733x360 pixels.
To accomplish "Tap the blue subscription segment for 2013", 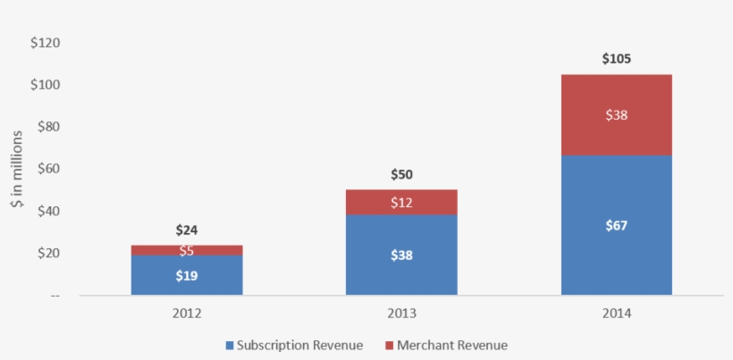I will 401,255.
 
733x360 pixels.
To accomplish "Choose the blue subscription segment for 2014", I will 616,225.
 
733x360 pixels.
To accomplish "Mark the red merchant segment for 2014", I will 616,114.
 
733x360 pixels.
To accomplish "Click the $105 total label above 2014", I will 616,59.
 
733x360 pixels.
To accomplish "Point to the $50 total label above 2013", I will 401,175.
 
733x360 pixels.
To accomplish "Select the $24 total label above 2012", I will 187,230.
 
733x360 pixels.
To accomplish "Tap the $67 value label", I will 616,225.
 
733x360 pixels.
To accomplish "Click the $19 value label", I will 187,275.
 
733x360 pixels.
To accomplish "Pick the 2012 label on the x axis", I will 187,314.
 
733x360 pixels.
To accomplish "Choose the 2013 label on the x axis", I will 401,314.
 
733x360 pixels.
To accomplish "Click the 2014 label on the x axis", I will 616,314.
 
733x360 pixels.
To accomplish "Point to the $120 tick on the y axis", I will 45,42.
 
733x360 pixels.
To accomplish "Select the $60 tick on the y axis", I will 47,169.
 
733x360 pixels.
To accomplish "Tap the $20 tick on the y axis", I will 47,253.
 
